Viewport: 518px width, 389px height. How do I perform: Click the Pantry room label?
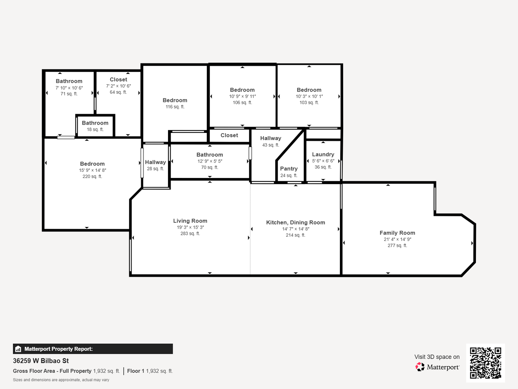click(x=288, y=169)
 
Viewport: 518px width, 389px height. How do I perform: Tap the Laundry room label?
click(x=323, y=155)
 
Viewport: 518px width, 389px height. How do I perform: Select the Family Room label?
click(x=397, y=233)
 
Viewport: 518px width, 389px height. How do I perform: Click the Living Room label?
click(x=190, y=221)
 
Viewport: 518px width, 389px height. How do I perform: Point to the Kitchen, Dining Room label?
click(x=295, y=223)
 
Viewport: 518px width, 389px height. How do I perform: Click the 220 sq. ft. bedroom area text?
click(x=92, y=176)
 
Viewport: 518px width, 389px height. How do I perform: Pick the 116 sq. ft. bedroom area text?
click(x=175, y=107)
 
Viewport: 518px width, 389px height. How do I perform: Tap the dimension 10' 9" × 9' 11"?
click(x=242, y=97)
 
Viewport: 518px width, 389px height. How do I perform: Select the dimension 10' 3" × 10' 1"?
click(x=309, y=97)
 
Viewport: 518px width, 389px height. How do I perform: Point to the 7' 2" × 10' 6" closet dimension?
click(x=118, y=86)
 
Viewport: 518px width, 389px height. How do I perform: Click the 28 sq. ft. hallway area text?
click(x=155, y=169)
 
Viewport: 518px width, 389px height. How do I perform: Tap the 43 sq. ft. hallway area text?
click(x=271, y=145)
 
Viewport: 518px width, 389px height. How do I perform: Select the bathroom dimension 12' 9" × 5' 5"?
click(x=210, y=161)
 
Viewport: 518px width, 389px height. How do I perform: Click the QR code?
click(x=485, y=363)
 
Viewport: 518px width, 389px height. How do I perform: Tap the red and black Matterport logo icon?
click(x=420, y=367)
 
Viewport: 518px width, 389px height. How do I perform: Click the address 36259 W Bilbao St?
click(x=41, y=361)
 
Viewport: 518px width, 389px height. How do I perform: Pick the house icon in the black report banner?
click(x=18, y=349)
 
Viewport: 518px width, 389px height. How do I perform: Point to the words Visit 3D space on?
click(x=437, y=357)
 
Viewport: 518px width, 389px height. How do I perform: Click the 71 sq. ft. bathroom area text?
click(x=69, y=94)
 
